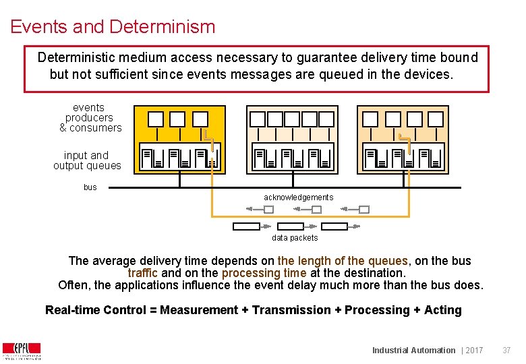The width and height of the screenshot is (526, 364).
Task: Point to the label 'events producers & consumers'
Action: point(90,117)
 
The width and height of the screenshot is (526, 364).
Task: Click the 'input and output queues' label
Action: point(87,160)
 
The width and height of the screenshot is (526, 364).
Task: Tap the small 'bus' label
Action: point(90,187)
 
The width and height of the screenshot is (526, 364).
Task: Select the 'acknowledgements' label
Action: point(298,198)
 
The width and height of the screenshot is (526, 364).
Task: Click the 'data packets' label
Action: point(295,238)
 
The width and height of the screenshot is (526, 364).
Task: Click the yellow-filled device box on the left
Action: point(178,140)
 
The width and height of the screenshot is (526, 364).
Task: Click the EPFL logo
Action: point(22,351)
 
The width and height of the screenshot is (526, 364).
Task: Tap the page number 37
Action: point(506,351)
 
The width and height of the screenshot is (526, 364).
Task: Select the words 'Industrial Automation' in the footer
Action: point(413,351)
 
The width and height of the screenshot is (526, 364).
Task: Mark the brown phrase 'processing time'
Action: point(264,273)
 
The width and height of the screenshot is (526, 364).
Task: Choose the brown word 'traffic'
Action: point(143,273)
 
